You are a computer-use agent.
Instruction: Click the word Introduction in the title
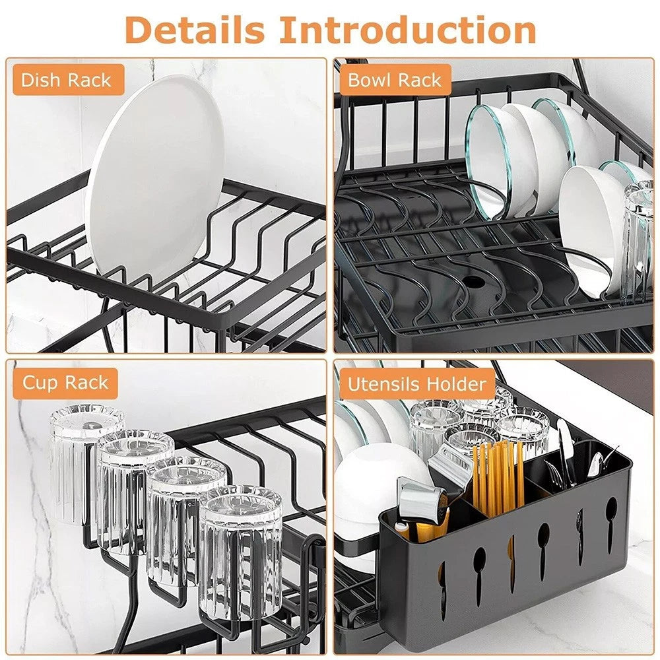[x=407, y=30]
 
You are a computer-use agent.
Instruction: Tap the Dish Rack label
[x=67, y=81]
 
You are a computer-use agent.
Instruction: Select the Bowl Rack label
[x=395, y=81]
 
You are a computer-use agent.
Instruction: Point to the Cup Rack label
[x=65, y=383]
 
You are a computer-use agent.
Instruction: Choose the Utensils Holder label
[x=417, y=384]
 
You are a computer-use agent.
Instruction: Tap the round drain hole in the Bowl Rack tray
[x=474, y=280]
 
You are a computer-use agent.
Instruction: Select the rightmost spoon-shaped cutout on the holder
[x=611, y=515]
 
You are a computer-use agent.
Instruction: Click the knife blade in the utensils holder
[x=566, y=449]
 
